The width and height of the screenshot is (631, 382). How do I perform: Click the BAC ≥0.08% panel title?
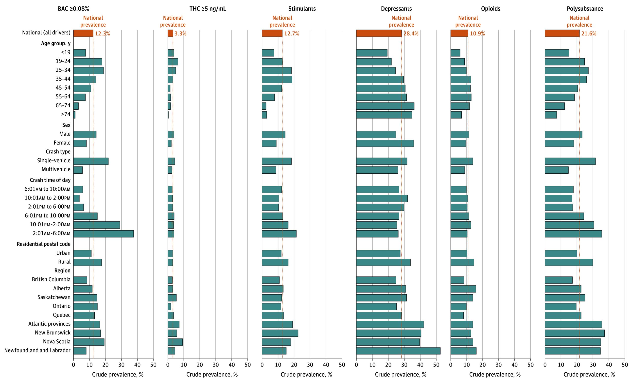pyautogui.click(x=73, y=9)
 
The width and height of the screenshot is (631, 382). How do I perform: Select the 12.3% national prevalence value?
pyautogui.click(x=103, y=33)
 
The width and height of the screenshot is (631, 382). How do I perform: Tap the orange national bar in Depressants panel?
pyautogui.click(x=379, y=33)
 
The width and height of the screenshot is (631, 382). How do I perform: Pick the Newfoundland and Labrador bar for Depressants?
pyautogui.click(x=398, y=351)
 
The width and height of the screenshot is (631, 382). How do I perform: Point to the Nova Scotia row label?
pyautogui.click(x=57, y=342)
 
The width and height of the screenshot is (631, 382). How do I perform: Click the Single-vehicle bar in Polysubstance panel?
pyautogui.click(x=570, y=161)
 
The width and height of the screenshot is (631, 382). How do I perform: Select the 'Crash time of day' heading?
pyautogui.click(x=50, y=180)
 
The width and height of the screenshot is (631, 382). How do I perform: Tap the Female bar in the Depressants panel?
pyautogui.click(x=385, y=143)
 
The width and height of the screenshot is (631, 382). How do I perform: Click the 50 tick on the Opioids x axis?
pyautogui.click(x=530, y=365)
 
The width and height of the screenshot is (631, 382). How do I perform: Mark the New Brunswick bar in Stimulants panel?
pyautogui.click(x=280, y=333)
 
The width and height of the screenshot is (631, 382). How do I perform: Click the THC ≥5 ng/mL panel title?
pyautogui.click(x=208, y=9)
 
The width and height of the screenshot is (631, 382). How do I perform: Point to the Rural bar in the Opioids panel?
pyautogui.click(x=462, y=263)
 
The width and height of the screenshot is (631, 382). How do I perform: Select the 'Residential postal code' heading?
pyautogui.click(x=44, y=244)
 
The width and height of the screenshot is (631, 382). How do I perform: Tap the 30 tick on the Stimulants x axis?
pyautogui.click(x=310, y=365)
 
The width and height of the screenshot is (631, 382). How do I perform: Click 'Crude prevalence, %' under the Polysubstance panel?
pyautogui.click(x=589, y=375)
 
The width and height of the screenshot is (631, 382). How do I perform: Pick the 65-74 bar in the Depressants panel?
pyautogui.click(x=385, y=106)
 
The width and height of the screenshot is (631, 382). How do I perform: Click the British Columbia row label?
pyautogui.click(x=51, y=279)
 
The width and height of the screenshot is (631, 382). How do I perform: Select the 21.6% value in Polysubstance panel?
pyautogui.click(x=589, y=33)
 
